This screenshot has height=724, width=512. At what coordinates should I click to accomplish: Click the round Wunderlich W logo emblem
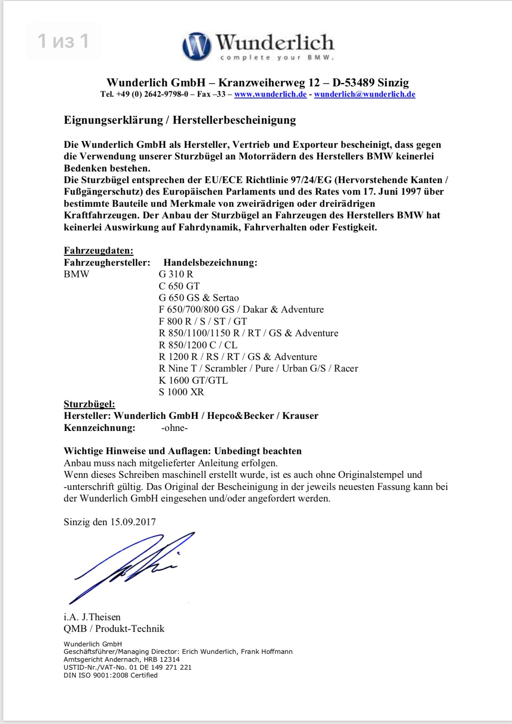pyautogui.click(x=196, y=46)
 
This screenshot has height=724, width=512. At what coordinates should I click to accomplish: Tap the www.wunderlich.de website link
pyautogui.click(x=270, y=94)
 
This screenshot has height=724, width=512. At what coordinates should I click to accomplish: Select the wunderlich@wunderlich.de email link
pyautogui.click(x=365, y=94)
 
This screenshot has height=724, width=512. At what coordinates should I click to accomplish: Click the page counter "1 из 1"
pyautogui.click(x=63, y=41)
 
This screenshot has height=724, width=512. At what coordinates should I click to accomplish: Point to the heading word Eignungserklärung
pyautogui.click(x=113, y=120)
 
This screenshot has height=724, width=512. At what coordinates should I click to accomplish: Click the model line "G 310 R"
pyautogui.click(x=176, y=274)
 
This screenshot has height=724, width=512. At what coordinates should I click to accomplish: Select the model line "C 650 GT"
pyautogui.click(x=179, y=286)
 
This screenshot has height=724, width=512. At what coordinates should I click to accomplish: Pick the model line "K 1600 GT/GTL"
pyautogui.click(x=193, y=380)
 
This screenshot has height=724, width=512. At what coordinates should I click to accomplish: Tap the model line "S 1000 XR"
pyautogui.click(x=181, y=392)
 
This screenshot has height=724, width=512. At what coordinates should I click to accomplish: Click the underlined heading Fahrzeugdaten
pyautogui.click(x=98, y=251)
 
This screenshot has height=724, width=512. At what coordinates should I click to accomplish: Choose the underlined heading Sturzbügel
pyautogui.click(x=89, y=404)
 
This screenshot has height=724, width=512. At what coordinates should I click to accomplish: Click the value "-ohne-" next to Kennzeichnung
pyautogui.click(x=174, y=428)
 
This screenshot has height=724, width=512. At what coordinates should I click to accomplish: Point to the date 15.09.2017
pyautogui.click(x=132, y=522)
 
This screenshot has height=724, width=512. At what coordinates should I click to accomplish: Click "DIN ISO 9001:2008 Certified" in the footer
pyautogui.click(x=110, y=675)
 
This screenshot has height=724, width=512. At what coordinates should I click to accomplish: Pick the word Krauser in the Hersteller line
pyautogui.click(x=300, y=416)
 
